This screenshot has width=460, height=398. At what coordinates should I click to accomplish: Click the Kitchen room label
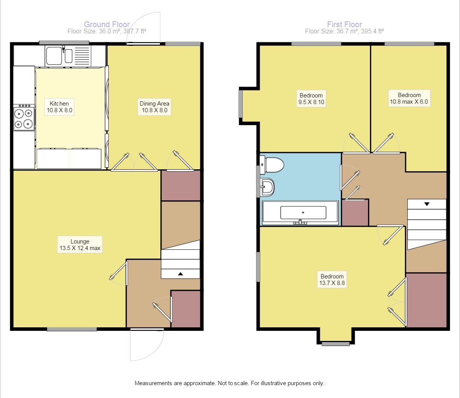59,107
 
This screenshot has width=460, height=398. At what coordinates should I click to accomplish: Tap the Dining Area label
154,107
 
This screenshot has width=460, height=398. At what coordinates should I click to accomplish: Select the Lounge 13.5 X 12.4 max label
80,245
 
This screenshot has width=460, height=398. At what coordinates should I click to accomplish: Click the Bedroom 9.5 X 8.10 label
311,99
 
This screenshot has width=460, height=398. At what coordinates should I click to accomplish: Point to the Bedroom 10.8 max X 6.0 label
409,98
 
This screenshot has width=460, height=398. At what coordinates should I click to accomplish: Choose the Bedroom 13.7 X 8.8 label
332,280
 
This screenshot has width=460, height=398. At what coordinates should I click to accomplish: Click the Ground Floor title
107,24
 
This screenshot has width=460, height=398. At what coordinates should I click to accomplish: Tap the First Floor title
344,24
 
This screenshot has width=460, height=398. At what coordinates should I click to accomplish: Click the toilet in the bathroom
272,165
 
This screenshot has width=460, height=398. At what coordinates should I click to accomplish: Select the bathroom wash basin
267,187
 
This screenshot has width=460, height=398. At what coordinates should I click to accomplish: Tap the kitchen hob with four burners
24,117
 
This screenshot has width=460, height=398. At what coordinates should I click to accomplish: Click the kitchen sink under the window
68,56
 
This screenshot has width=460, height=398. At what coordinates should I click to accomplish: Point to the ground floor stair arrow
181,274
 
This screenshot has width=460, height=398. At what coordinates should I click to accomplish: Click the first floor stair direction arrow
427,204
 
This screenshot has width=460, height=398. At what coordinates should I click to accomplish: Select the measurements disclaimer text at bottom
230,383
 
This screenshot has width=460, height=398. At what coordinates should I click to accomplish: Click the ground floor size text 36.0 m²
107,31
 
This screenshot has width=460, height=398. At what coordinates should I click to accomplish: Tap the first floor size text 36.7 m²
344,31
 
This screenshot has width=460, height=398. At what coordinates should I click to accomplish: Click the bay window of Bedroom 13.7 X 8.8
336,343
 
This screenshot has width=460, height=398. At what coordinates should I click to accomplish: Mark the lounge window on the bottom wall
72,329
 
